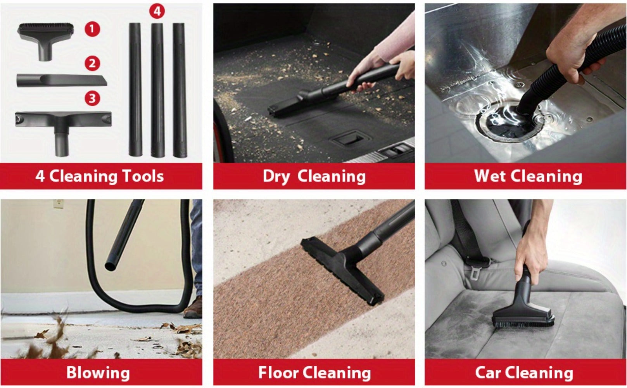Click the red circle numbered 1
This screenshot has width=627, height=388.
point(92,29)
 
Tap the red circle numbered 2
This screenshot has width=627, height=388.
point(92,64)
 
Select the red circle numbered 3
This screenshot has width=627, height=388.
point(92,98)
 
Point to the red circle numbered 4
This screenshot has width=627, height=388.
point(157,11)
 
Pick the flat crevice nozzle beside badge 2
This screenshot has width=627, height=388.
point(62,81)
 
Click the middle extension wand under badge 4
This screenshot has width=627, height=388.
point(157,90)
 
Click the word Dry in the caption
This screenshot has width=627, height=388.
point(276,177)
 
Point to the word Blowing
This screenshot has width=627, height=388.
point(98,373)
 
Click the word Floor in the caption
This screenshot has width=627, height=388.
point(278,372)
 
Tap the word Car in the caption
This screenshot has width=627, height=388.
point(488,372)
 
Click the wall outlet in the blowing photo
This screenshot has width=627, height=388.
point(59,204)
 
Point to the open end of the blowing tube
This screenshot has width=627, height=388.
point(111,266)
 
